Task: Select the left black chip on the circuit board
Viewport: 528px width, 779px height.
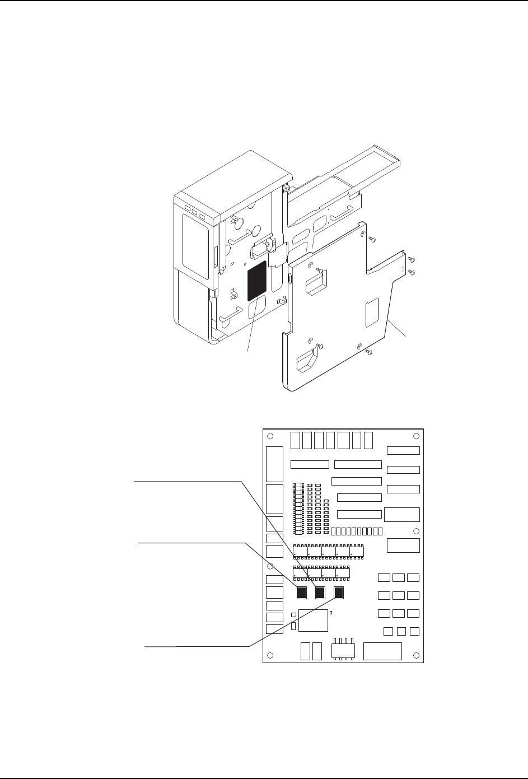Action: click(x=302, y=593)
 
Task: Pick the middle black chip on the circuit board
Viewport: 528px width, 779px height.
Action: click(x=320, y=593)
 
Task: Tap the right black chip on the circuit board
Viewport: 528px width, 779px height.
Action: click(x=339, y=593)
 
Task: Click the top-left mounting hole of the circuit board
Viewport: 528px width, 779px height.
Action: click(x=270, y=437)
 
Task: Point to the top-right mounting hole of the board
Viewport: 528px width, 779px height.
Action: click(x=416, y=437)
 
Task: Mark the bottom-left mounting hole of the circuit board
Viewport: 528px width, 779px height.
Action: click(x=270, y=655)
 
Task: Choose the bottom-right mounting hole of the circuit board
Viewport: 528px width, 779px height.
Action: click(x=416, y=655)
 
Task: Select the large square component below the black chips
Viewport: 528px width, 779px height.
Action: click(x=314, y=621)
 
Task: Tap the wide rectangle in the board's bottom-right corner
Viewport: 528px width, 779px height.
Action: click(x=382, y=651)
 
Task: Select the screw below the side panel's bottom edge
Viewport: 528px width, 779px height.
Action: click(x=368, y=352)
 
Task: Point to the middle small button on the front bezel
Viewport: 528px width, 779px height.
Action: click(x=194, y=213)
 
